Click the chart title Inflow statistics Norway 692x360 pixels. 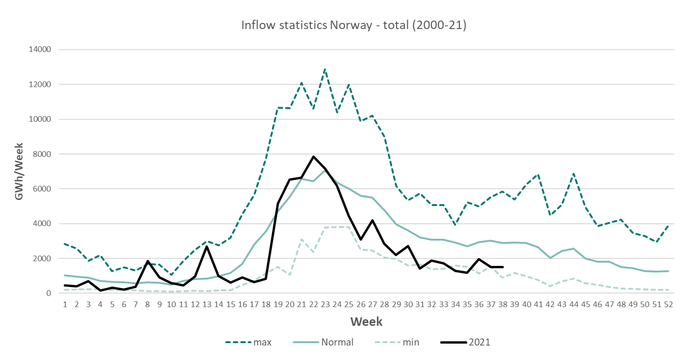point(353,25)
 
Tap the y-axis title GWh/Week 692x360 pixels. point(19,171)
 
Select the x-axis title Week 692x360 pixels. point(366,322)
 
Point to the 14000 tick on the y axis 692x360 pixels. point(41,50)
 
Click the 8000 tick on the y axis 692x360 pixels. point(43,154)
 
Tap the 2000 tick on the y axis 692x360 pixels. point(43,258)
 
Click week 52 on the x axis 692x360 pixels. point(669,304)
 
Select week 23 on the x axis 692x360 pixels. point(326,304)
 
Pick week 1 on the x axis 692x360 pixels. point(65,304)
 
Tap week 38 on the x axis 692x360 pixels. point(503,304)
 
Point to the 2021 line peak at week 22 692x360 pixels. point(314,157)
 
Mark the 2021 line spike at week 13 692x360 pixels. point(206,246)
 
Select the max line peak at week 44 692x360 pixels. point(574,174)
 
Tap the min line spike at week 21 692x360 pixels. point(302,239)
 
